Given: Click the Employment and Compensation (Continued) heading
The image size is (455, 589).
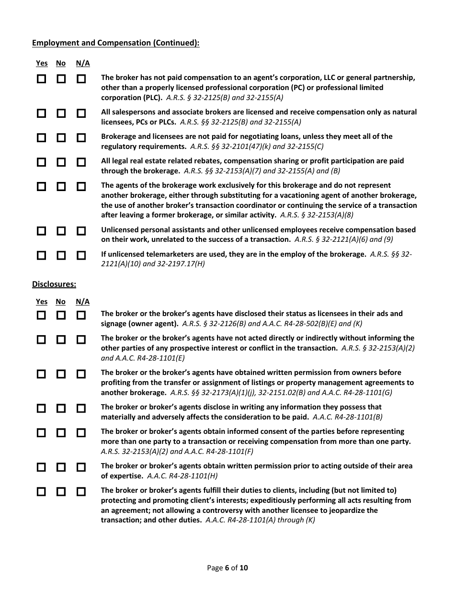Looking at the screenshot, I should [115, 43].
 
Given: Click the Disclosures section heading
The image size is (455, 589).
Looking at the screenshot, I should [54, 284].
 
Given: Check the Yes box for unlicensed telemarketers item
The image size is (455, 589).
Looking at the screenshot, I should [42, 255].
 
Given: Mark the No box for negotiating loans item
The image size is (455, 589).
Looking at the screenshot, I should [61, 137].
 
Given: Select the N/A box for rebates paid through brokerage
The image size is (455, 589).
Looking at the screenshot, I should [81, 162].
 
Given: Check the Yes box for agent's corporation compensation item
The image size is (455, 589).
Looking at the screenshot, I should [42, 79].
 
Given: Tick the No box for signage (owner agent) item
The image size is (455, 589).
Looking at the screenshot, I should [61, 315].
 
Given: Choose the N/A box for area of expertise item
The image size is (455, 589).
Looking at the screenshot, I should [81, 467].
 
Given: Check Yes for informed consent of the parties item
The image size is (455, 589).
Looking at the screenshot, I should [42, 432].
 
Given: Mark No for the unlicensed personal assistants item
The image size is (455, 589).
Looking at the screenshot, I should [61, 231].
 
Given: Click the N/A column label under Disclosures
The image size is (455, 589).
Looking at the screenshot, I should [82, 302].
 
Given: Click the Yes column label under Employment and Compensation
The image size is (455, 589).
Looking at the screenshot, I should [42, 63].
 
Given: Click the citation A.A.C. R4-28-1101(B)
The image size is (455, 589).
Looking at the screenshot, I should [347, 417].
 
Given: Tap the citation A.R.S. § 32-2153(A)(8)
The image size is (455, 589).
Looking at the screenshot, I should [317, 215].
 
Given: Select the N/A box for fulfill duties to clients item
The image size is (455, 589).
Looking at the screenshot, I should [81, 491].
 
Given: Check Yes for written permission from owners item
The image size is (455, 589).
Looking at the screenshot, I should [42, 374].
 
